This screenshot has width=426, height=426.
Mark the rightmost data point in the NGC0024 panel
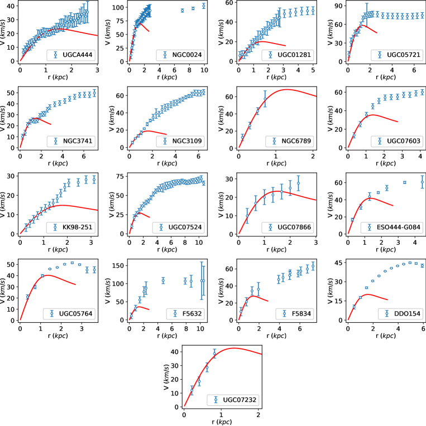(204, 6)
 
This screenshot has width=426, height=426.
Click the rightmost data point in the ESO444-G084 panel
(422, 182)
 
